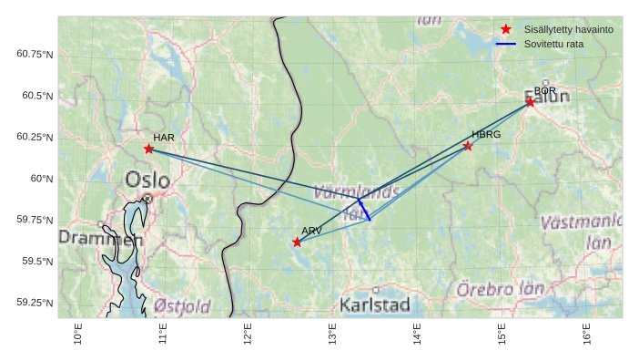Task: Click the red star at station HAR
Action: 148,149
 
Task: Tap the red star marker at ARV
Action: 297,242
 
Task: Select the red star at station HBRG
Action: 468,146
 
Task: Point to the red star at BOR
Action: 530,102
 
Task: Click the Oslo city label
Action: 147,180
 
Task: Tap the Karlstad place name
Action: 374,304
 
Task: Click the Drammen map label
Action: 101,239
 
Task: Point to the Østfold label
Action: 182,305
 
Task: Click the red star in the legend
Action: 506,29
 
